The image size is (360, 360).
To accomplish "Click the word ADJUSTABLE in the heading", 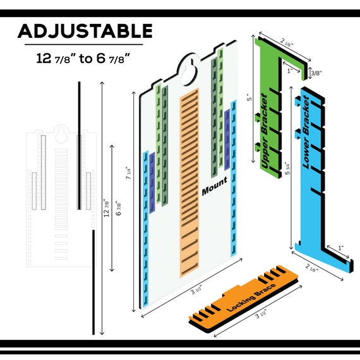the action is pos(85,31).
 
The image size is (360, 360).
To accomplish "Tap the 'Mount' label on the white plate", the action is pos(215,186).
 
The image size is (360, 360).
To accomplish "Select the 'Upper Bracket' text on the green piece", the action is pos(265,131).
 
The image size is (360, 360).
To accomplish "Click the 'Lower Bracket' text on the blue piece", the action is pos(306,132).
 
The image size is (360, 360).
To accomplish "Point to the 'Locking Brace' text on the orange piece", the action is pos(251,297).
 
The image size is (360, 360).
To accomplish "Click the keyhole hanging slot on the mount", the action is pos(189,73).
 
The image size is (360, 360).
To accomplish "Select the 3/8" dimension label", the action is pos(316,73).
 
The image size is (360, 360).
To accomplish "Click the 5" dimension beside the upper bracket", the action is pos(249,97).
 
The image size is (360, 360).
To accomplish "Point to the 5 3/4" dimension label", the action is pos(287,169).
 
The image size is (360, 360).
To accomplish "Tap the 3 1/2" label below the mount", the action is pos(196,291).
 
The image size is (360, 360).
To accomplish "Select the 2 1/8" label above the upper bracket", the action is pos(287,42).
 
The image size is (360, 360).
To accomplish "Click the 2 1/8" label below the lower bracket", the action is pos(312,268).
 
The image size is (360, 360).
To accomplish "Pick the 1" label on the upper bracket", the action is pos(290,71).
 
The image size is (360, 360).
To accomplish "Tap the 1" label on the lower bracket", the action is pos(340,248).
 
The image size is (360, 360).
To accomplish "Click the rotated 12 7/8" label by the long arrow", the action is pos(107,208).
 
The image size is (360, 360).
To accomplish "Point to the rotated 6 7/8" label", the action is pos(118,208).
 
